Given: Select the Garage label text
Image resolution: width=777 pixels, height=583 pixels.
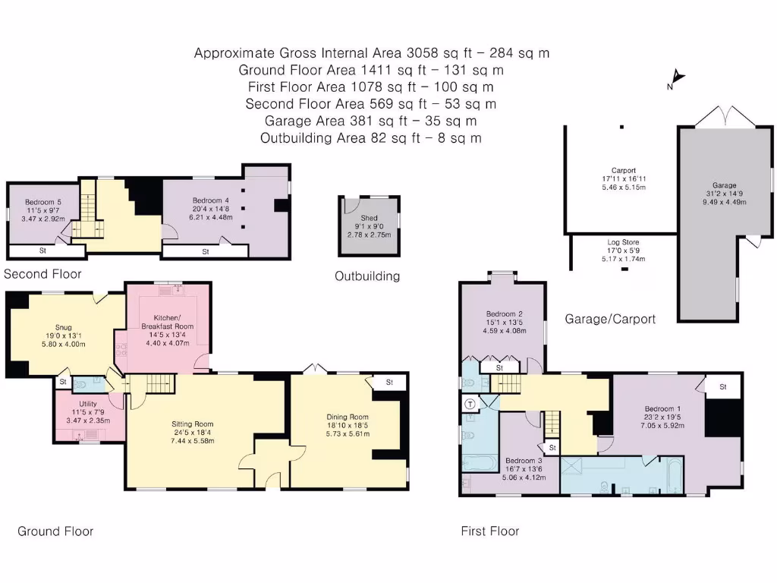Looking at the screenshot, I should [x=724, y=184].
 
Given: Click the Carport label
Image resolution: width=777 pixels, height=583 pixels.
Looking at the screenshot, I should [x=623, y=170].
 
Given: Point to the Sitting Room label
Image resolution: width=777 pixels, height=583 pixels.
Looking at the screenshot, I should [x=193, y=424].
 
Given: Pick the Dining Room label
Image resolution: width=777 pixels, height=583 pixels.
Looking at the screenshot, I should [x=347, y=417].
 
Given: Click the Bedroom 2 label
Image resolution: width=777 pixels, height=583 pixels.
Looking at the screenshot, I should [x=505, y=314].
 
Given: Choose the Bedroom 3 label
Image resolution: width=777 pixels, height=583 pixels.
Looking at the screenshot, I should [x=524, y=461].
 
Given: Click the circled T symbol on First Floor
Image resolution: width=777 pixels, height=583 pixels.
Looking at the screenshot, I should [x=470, y=404].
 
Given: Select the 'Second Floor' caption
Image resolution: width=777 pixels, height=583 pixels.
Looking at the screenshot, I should [x=42, y=274].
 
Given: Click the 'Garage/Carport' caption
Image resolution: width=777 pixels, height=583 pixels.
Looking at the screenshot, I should [x=610, y=319].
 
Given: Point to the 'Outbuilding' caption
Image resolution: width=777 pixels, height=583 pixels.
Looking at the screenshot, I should [x=367, y=276].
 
